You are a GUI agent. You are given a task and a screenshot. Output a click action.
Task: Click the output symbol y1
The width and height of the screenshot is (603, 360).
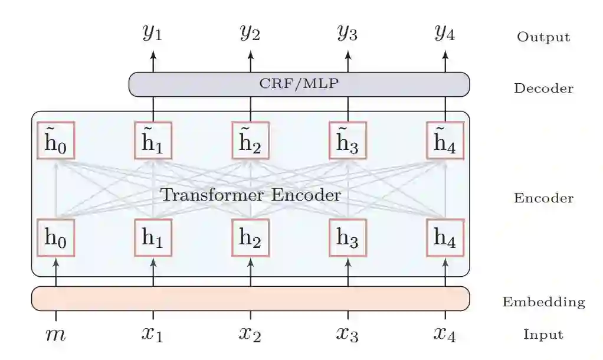tap(152, 33)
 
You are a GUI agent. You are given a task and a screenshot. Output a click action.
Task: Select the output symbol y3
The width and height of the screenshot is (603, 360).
tap(347, 33)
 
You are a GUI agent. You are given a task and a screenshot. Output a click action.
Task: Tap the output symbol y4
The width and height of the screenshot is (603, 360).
tap(444, 33)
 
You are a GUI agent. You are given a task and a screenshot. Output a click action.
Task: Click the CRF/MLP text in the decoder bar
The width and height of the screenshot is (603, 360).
tap(299, 84)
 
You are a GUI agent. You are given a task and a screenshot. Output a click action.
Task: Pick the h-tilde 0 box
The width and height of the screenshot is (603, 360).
tap(56, 141)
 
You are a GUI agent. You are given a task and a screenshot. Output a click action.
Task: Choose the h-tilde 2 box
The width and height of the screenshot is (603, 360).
tap(250, 141)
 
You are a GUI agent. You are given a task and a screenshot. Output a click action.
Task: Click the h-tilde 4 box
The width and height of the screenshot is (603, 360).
tap(445, 141)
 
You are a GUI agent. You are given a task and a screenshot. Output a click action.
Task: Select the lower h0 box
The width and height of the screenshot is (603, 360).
tap(56, 238)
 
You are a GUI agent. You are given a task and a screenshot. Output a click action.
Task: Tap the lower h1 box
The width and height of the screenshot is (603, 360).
tap(153, 238)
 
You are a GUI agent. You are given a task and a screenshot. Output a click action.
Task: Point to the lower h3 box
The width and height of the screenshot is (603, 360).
tap(348, 238)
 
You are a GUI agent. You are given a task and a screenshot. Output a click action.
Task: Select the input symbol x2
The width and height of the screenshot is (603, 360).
tap(250, 335)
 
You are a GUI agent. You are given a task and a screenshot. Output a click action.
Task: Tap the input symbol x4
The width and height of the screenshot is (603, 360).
tap(444, 335)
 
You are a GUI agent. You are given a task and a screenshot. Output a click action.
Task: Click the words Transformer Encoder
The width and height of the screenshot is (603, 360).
tap(251, 195)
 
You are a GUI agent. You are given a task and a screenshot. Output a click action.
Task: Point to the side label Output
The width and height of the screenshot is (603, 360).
tap(543, 37)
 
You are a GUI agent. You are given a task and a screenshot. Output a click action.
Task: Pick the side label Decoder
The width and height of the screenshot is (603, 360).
tap(543, 89)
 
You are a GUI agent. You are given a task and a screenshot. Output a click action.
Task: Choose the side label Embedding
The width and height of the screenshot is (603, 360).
tap(543, 302)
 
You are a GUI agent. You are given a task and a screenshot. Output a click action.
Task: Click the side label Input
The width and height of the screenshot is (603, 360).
tap(543, 335)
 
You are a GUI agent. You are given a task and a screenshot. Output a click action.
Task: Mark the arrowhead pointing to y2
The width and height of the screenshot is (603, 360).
tap(250, 55)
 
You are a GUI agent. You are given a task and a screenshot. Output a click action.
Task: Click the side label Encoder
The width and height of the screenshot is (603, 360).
tap(543, 198)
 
